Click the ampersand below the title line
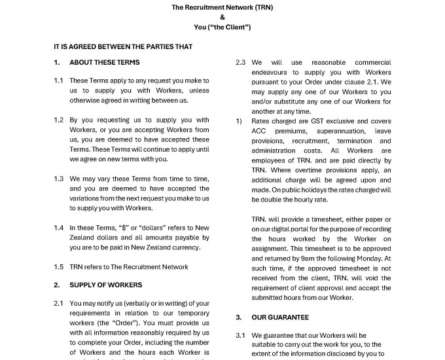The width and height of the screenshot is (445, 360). pyautogui.click(x=222, y=18)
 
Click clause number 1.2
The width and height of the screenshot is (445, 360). pyautogui.click(x=59, y=120)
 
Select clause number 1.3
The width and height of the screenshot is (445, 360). pyautogui.click(x=59, y=178)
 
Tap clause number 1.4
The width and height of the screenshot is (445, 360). pyautogui.click(x=59, y=228)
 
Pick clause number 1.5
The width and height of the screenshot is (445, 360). pyautogui.click(x=59, y=266)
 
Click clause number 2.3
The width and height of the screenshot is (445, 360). pyautogui.click(x=240, y=63)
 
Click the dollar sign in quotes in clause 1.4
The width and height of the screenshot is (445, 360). pyautogui.click(x=126, y=228)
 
